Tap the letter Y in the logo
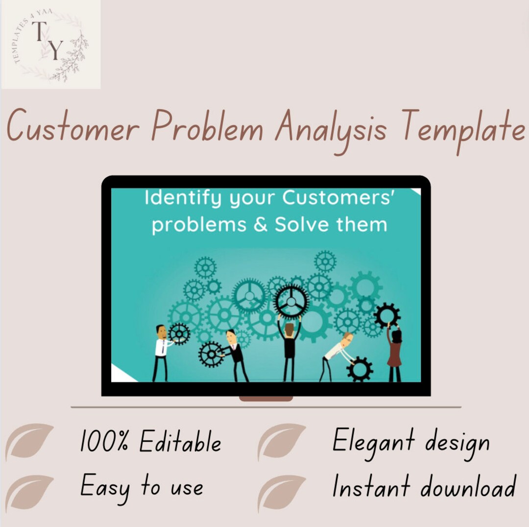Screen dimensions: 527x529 point(57,50)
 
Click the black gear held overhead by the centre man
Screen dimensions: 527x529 point(291,300)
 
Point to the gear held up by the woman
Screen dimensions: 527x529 point(387,315)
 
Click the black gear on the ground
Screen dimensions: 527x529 point(360,369)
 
